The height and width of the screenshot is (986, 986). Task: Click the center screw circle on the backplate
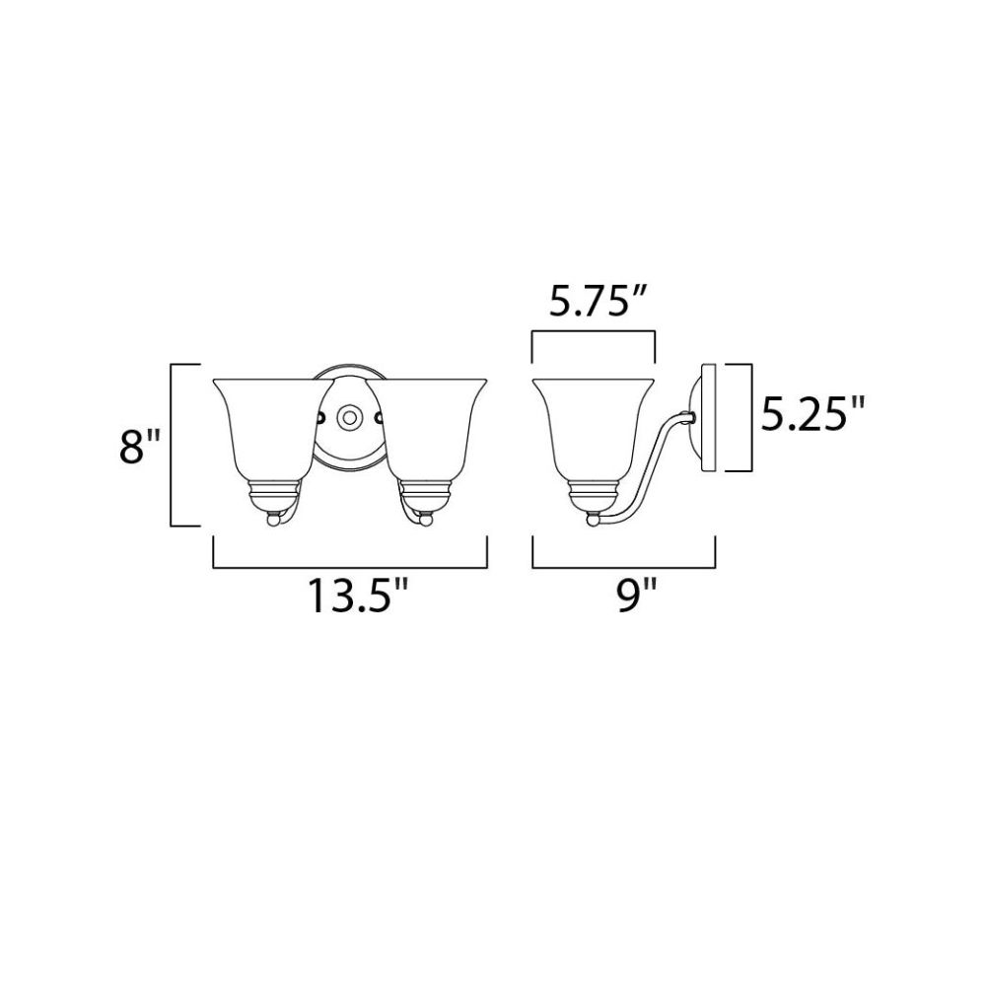347,417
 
